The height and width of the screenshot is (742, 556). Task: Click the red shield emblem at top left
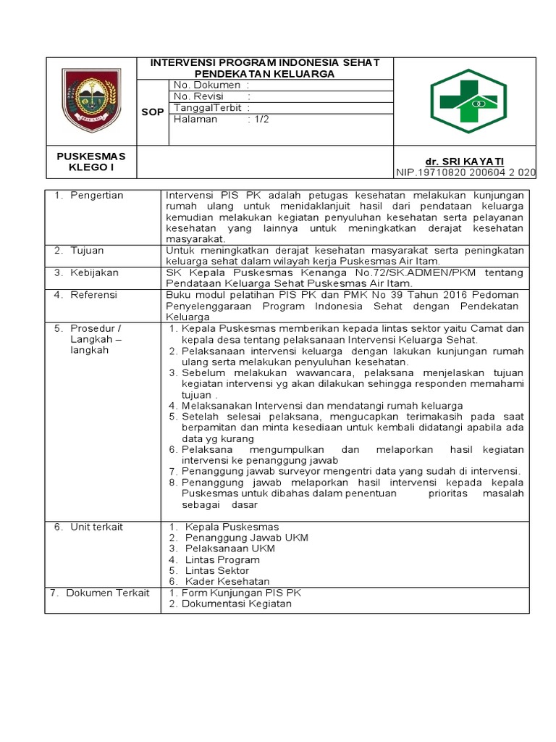tap(90, 101)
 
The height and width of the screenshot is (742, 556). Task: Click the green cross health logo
tap(475, 101)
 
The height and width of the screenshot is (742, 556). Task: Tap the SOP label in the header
tap(153, 112)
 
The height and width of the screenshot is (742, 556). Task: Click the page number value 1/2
tap(261, 120)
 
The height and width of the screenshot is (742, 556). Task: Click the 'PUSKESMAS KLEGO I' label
tap(91, 162)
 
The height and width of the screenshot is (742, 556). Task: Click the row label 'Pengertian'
tap(97, 196)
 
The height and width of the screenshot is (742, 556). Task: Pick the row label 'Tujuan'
tap(87, 251)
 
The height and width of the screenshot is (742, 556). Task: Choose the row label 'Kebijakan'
tap(93, 272)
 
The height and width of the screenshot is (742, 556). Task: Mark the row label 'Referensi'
tap(93, 296)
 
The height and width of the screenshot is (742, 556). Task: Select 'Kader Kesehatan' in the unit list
tap(227, 581)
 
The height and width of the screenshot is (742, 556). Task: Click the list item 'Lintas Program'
tap(222, 559)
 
